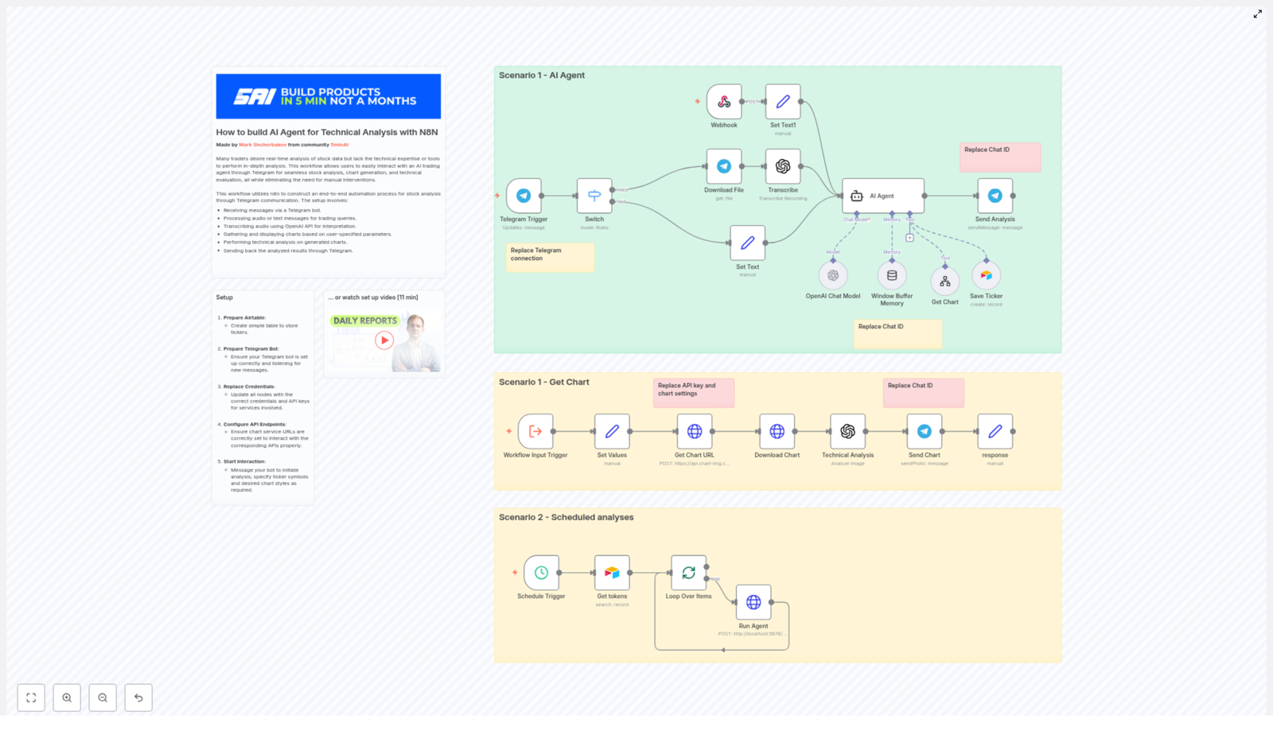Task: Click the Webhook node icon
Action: [x=724, y=102]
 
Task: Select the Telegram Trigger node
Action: [x=524, y=196]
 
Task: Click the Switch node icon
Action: [x=594, y=196]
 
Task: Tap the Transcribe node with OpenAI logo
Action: [x=783, y=166]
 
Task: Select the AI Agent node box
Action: [x=883, y=196]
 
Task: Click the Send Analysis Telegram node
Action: [x=995, y=196]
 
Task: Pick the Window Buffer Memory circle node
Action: [x=892, y=276]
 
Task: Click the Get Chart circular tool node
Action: [x=944, y=282]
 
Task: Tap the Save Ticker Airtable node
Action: [x=986, y=276]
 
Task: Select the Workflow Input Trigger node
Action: [x=535, y=431]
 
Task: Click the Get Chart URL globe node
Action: [x=695, y=431]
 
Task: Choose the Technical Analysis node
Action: [x=847, y=431]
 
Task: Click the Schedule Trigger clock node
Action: [x=541, y=573]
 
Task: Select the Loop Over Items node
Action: [x=688, y=573]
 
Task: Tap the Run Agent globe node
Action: [x=753, y=602]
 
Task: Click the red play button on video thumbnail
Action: [x=384, y=340]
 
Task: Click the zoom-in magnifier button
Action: [x=67, y=697]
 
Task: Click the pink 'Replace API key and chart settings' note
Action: [x=693, y=392]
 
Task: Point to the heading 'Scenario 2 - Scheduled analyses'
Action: [x=566, y=517]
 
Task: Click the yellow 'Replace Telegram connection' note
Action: [x=550, y=257]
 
